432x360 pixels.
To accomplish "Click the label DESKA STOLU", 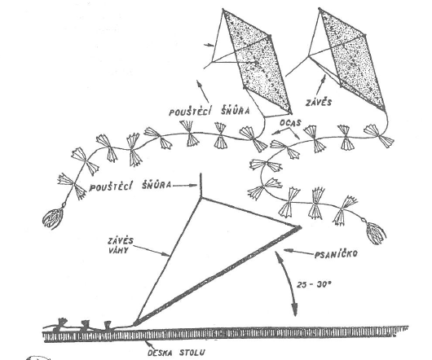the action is [x=176, y=353].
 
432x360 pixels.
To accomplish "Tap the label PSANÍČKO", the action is [x=336, y=253].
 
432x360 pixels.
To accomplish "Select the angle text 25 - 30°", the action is [x=313, y=284].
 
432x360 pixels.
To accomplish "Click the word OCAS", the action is [x=290, y=123].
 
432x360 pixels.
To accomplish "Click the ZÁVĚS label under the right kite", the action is [x=319, y=103].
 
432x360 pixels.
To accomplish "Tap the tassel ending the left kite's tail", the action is [x=53, y=218].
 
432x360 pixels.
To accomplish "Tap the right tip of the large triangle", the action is [x=301, y=226].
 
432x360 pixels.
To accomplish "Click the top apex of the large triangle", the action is [x=201, y=197].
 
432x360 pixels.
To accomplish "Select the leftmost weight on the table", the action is [x=60, y=324].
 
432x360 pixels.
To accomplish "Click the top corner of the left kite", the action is [x=223, y=11].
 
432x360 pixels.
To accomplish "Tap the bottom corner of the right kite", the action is [x=384, y=110].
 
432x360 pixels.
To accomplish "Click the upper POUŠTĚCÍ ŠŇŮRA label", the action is [x=209, y=111].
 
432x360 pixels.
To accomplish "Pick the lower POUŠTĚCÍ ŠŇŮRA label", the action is [x=130, y=186].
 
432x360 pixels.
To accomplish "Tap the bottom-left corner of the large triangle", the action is [x=135, y=323].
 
